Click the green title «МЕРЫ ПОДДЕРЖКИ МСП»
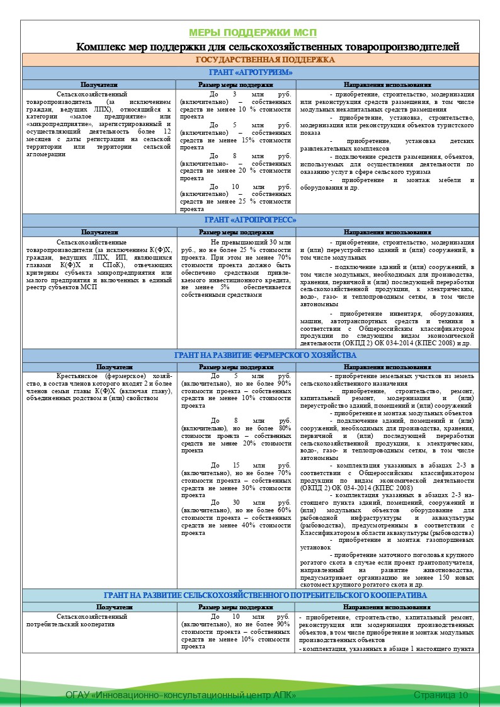pos(253,33)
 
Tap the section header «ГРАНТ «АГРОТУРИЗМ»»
pos(250,72)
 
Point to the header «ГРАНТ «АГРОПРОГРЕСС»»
pos(250,220)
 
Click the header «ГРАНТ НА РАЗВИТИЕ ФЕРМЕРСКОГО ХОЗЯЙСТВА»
pos(250,355)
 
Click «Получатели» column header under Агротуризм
pos(99,84)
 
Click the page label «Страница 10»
pos(441,694)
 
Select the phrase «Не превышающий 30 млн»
pos(251,243)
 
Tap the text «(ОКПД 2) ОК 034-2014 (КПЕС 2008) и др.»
pos(386,344)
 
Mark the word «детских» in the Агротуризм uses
pos(460,141)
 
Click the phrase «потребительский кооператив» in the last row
pos(70,624)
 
